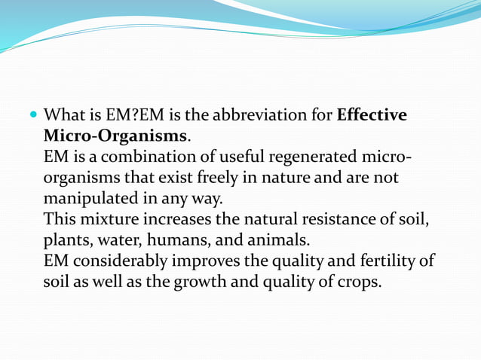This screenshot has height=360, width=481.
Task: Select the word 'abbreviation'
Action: [x=264, y=116]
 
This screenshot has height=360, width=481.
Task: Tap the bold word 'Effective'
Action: [x=372, y=116]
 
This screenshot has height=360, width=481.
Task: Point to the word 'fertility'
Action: [x=389, y=264]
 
